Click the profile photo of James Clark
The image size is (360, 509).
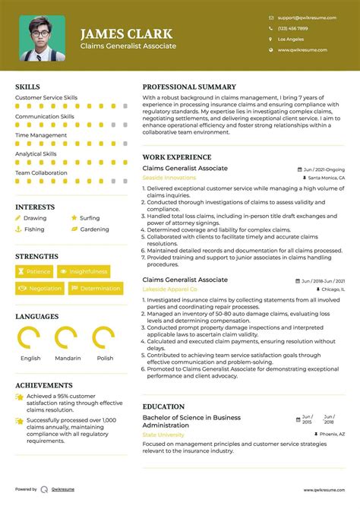tap(42, 38)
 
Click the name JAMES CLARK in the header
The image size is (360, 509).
tap(126, 33)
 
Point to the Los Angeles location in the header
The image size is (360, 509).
tap(290, 39)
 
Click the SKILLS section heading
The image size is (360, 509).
tap(29, 87)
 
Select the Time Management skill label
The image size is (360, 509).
tap(41, 135)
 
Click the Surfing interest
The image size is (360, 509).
tap(90, 218)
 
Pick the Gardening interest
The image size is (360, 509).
tap(94, 229)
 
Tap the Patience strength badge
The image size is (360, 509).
tap(34, 271)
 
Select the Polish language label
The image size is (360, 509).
tap(105, 358)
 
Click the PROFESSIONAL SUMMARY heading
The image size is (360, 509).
tap(189, 87)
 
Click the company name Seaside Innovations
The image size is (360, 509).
tap(169, 178)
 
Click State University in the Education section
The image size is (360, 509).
tap(163, 435)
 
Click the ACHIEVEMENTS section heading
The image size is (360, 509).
tap(44, 386)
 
